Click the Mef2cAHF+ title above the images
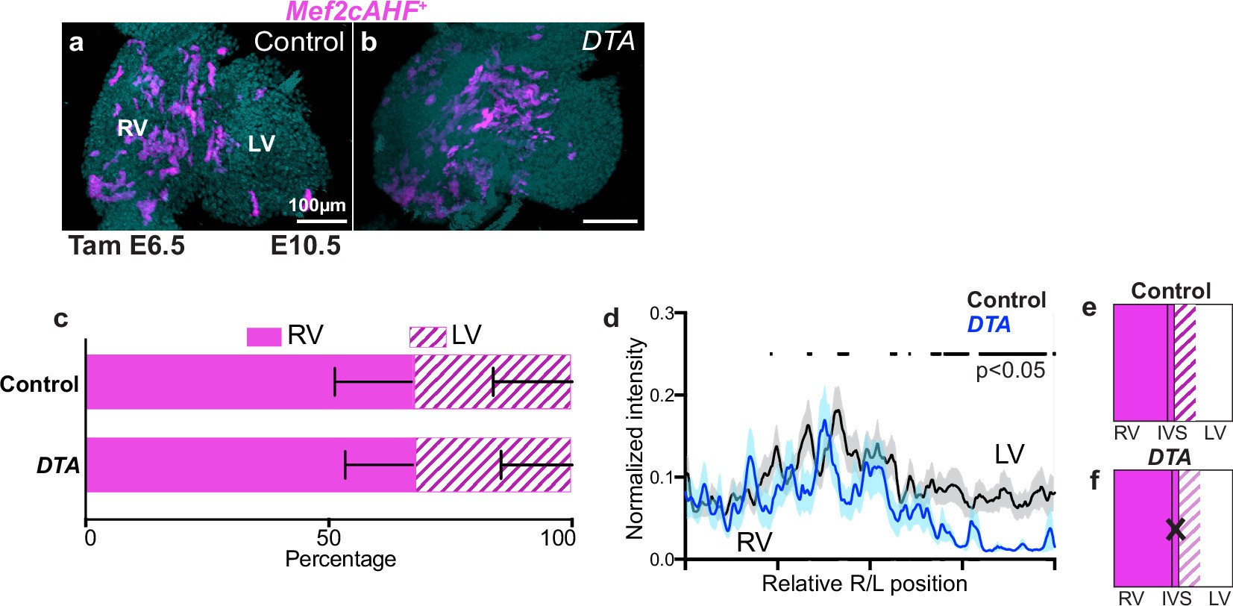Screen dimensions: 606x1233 pyautogui.click(x=356, y=11)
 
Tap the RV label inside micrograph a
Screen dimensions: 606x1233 pyautogui.click(x=132, y=128)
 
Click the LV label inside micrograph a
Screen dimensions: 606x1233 pyautogui.click(x=261, y=143)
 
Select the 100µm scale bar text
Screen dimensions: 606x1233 pyautogui.click(x=317, y=204)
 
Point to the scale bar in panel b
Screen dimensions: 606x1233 pyautogui.click(x=610, y=221)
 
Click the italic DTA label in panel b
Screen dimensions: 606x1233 pyautogui.click(x=608, y=41)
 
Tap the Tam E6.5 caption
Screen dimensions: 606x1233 pyautogui.click(x=127, y=246)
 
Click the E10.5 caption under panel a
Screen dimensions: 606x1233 pyautogui.click(x=305, y=246)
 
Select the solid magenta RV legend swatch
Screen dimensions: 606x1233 pyautogui.click(x=263, y=337)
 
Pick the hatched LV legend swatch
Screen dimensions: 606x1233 pyautogui.click(x=427, y=337)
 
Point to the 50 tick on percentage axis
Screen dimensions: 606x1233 pyautogui.click(x=328, y=537)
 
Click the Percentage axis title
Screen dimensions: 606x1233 pyautogui.click(x=340, y=559)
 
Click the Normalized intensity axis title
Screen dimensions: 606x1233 pyautogui.click(x=635, y=438)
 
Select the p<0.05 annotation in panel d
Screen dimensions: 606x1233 pyautogui.click(x=1010, y=370)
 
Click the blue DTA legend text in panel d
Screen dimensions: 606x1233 pyautogui.click(x=988, y=325)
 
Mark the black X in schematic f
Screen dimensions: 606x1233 pyautogui.click(x=1176, y=530)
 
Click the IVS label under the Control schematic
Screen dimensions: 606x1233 pyautogui.click(x=1172, y=434)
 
